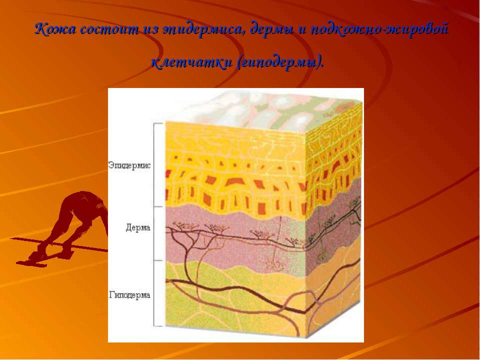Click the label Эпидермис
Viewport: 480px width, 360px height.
pos(129,165)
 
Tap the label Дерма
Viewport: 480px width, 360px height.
pos(138,228)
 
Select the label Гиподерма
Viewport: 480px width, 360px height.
pos(129,295)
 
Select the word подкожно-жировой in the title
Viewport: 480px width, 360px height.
pos(379,29)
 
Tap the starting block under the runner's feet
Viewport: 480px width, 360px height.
pos(33,262)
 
